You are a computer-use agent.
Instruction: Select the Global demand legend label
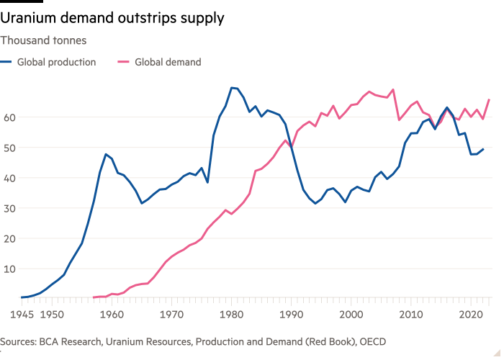point(167,63)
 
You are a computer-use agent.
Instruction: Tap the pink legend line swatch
point(122,63)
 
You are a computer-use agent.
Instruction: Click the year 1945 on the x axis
point(21,315)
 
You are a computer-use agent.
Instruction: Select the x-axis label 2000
point(351,315)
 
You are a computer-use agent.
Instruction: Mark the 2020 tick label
point(471,315)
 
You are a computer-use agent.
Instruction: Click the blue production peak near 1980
point(231,87)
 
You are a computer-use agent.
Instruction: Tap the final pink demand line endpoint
point(490,99)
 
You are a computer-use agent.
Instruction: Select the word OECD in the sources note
point(372,342)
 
